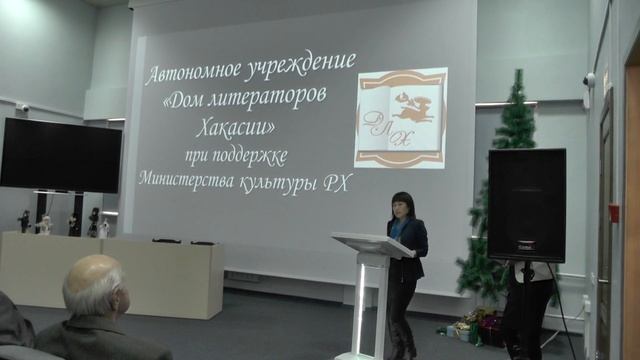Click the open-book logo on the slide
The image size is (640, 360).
tap(400, 117)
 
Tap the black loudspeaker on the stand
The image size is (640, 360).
tap(526, 206)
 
